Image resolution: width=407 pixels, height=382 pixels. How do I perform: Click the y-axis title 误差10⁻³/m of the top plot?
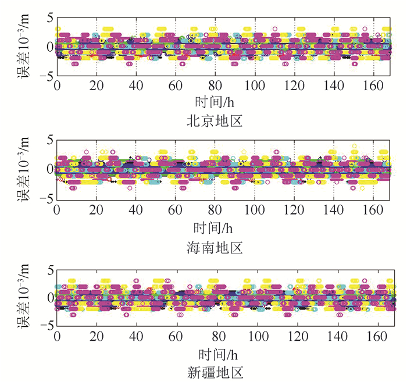click(30, 47)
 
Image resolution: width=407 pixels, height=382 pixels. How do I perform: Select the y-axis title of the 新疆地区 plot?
click(30, 298)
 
